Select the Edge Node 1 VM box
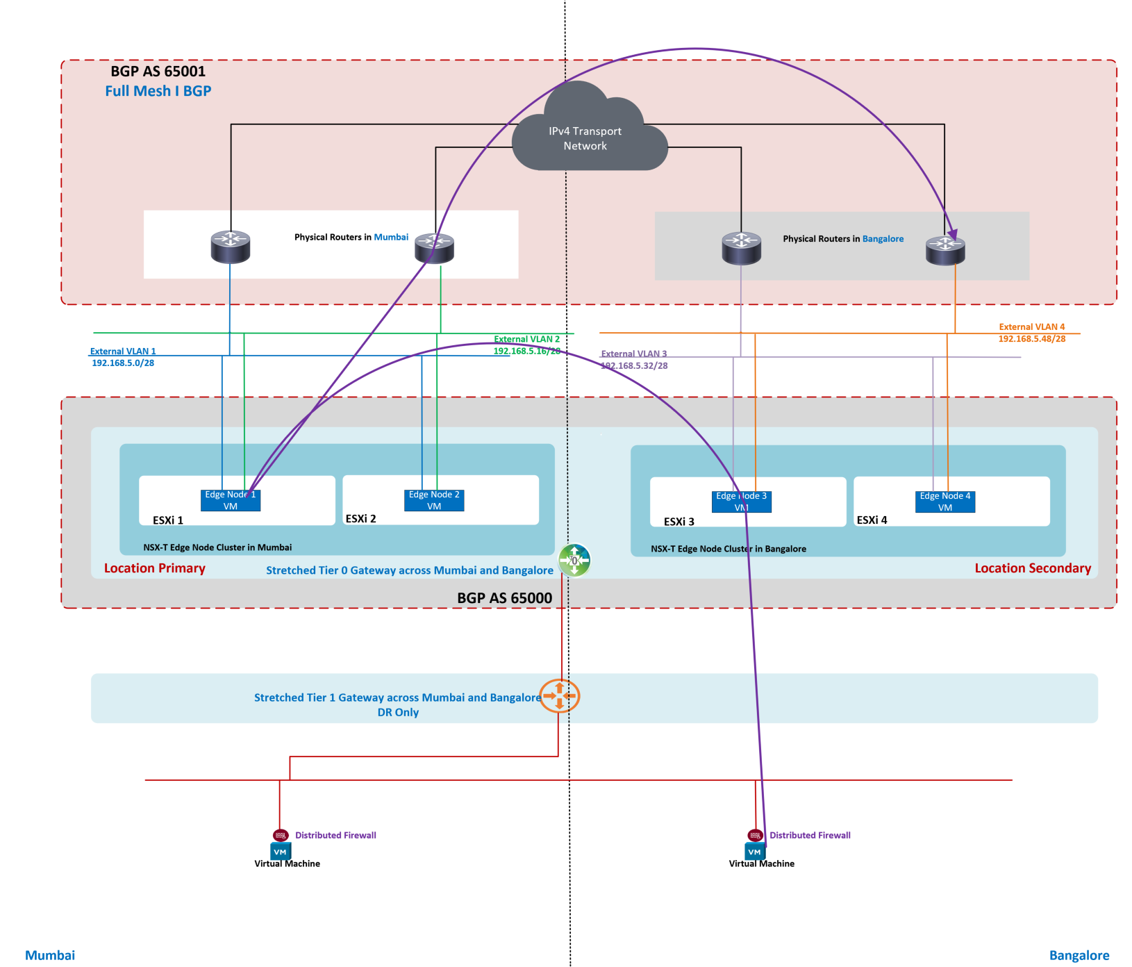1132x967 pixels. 231,500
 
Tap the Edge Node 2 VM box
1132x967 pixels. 434,500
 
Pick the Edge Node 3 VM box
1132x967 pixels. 742,502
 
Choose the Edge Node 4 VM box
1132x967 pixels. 945,502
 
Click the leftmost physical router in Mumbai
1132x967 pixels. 231,247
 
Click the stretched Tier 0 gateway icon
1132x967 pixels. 574,561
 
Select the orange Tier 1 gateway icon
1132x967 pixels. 559,696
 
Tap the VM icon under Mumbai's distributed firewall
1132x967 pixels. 281,852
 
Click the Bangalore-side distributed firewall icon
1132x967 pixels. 755,835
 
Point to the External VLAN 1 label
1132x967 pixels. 123,352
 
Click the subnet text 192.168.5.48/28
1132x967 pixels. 1031,339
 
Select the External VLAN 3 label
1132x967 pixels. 633,354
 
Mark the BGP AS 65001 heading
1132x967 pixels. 158,71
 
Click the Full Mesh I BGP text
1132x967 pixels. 158,91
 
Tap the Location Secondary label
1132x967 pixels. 1032,568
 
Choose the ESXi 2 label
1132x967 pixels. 360,519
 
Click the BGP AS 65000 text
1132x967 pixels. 504,598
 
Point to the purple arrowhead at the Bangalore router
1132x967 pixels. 953,235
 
